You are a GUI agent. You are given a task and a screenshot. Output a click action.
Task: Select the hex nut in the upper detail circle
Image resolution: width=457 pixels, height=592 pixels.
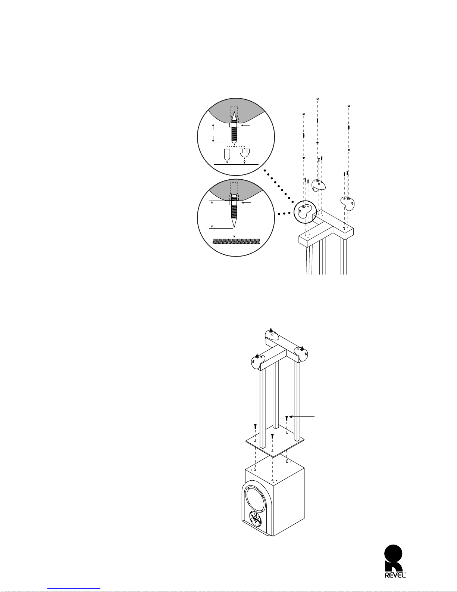(234, 125)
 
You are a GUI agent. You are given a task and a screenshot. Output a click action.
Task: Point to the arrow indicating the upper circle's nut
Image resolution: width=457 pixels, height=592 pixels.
(246, 125)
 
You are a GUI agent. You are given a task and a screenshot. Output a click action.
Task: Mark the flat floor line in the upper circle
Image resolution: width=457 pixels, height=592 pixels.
(236, 165)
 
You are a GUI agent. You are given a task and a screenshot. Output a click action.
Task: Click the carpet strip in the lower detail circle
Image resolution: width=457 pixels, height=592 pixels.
(236, 241)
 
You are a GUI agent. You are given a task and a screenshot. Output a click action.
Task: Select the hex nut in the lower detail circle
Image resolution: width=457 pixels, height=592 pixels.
(234, 203)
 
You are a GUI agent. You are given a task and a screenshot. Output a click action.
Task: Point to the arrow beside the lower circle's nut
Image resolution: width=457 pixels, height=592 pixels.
(246, 203)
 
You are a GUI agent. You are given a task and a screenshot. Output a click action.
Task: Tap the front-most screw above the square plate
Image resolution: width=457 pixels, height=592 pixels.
(272, 436)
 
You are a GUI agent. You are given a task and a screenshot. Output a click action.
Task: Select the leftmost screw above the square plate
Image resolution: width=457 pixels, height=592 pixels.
(255, 426)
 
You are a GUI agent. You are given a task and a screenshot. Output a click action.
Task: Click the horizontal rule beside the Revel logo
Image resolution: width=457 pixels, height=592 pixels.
(341, 561)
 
